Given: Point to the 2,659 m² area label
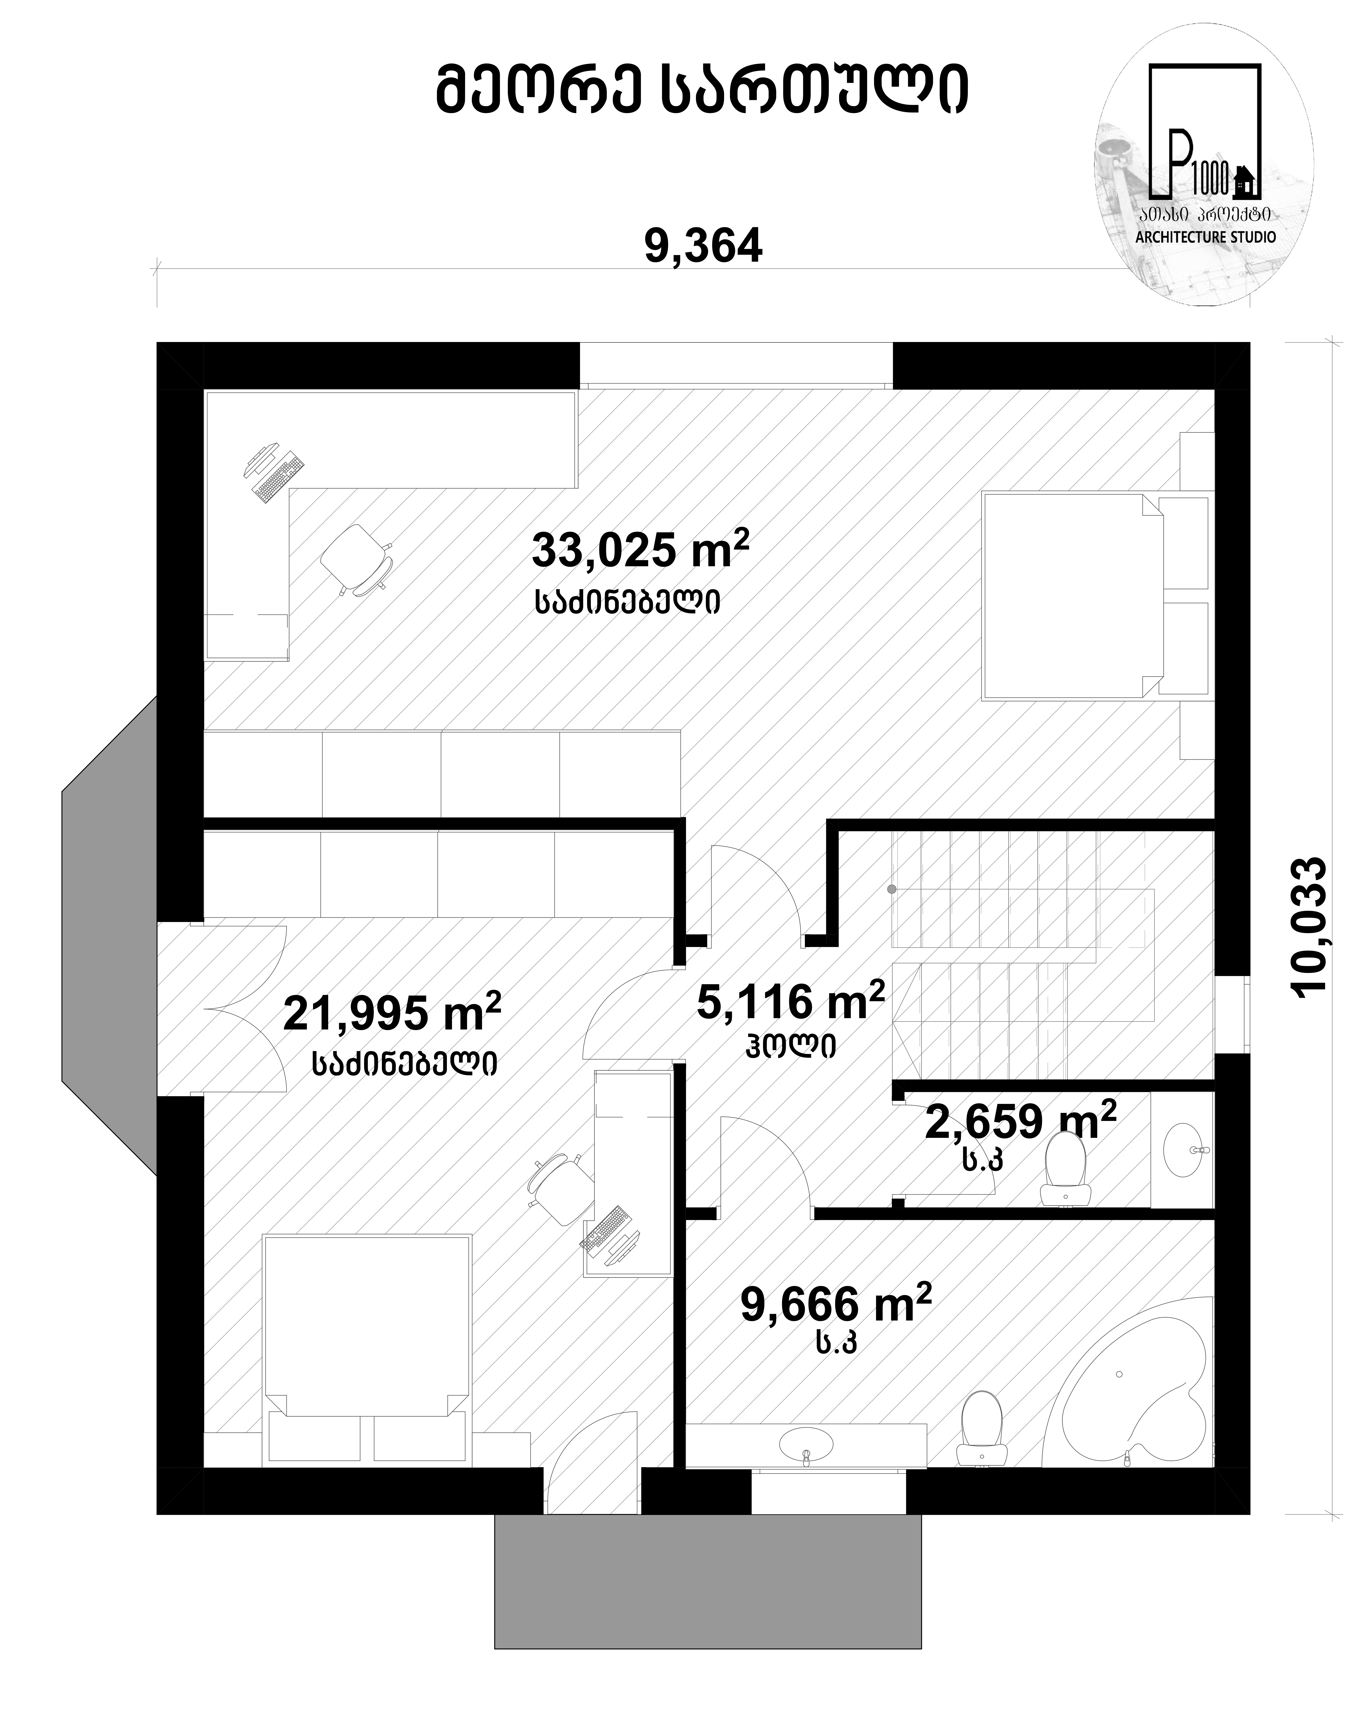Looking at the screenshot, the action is coord(1020,1120).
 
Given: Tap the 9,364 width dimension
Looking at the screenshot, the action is coord(704,247).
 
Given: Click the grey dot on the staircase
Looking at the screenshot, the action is coord(891,890).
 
